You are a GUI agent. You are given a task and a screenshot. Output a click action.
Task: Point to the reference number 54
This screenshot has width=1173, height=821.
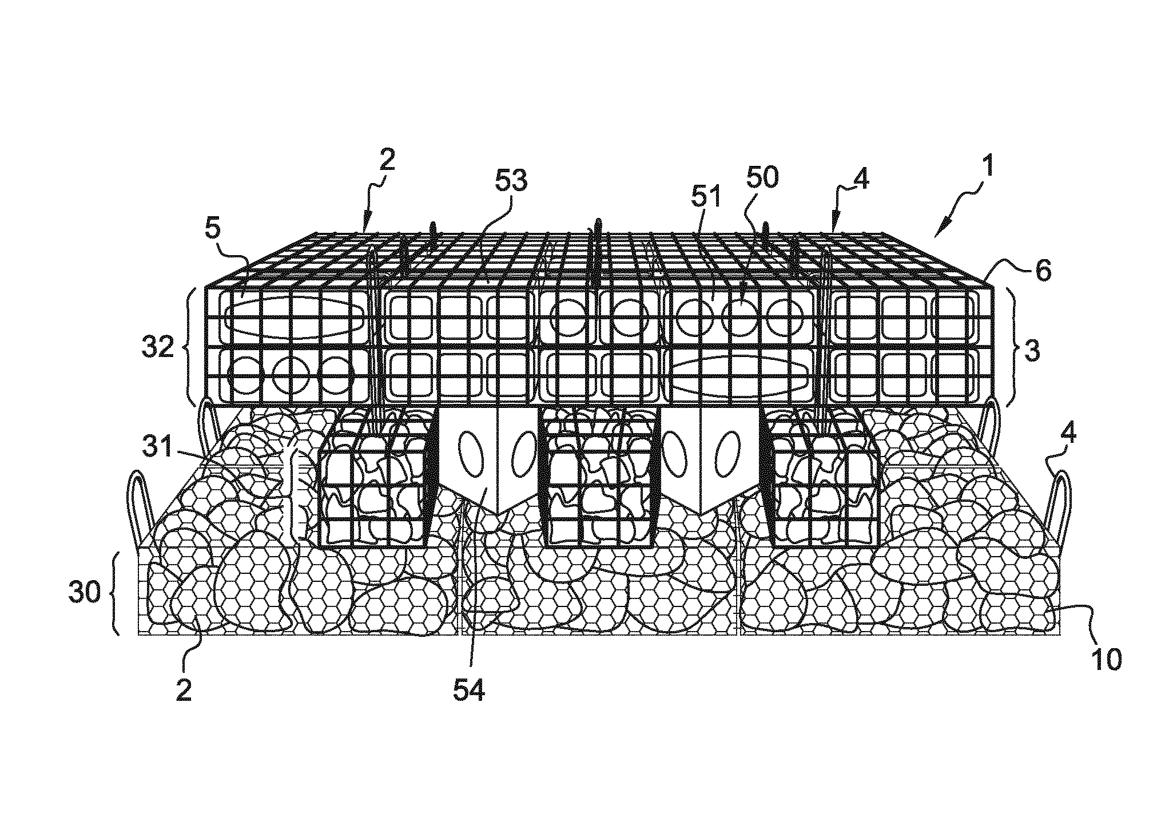click(469, 691)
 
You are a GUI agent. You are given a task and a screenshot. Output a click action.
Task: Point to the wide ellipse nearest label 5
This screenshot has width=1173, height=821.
click(296, 318)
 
